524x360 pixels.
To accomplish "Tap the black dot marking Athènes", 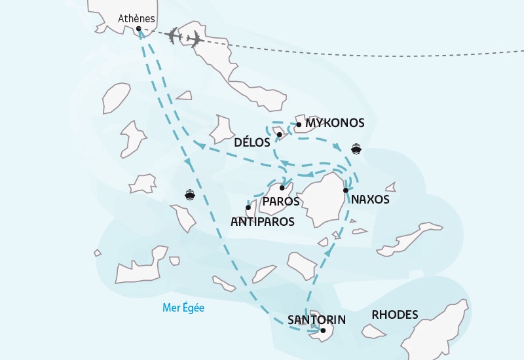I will coord(139,28).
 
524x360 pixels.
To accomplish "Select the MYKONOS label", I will coord(334,123).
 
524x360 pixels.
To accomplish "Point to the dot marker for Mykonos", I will coord(299,124).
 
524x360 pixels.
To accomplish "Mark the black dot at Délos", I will coord(280,135).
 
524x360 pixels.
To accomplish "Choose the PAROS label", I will coord(280,202).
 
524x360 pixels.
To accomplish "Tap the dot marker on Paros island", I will coord(282,188).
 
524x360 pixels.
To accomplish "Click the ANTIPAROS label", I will coord(263,222).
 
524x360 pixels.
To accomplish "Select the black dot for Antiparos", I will coord(248,207).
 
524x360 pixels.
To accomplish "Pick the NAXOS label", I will coord(370,200).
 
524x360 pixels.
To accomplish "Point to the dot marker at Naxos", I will coord(345,190).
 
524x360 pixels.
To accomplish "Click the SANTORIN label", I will coord(316,320).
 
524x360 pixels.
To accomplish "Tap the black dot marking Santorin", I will coord(323,331).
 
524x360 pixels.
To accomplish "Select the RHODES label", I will coord(394,315).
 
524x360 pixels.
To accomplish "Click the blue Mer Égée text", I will coord(183,307).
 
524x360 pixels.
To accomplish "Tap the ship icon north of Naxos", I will coord(356,148).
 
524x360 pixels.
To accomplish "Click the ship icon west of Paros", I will coord(189,194).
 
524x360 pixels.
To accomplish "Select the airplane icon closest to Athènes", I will coord(173,35).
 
